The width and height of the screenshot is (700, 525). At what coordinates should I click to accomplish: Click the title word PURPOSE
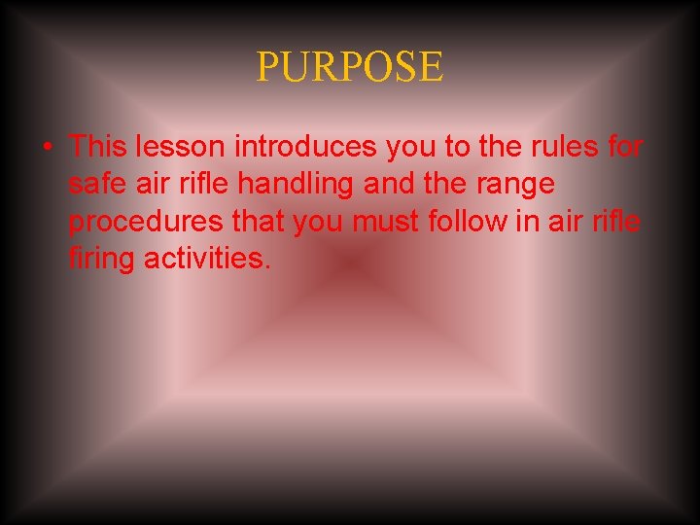pyautogui.click(x=350, y=67)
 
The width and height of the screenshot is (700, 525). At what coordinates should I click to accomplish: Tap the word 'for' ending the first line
pyautogui.click(x=622, y=147)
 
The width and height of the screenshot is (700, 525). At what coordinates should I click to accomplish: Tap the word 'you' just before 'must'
pyautogui.click(x=318, y=223)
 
